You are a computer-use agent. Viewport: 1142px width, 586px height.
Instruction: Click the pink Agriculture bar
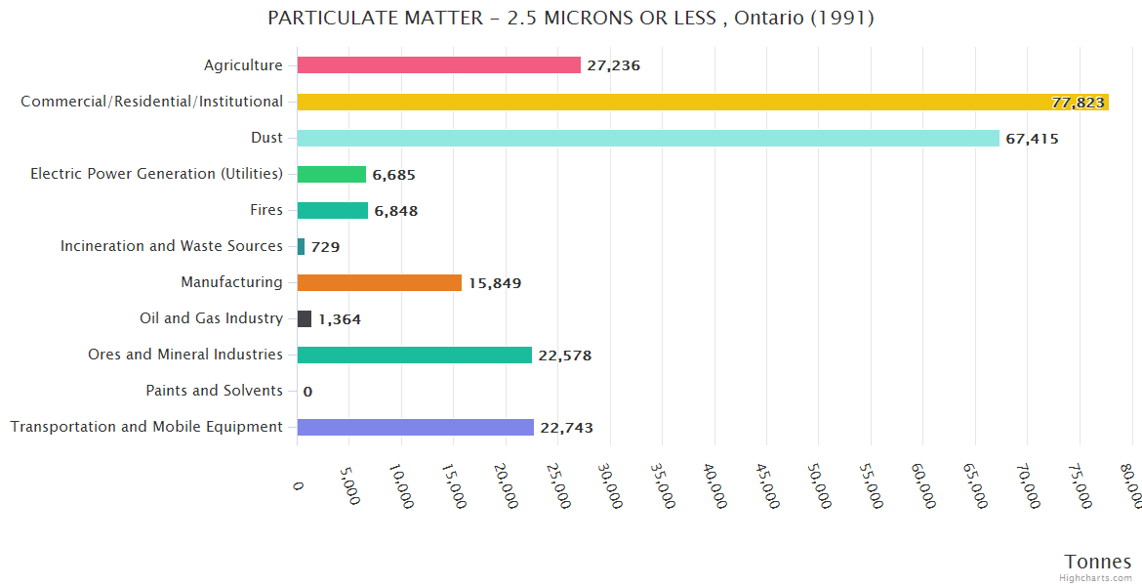coord(438,65)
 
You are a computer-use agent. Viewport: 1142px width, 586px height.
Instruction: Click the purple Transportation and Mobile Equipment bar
coord(415,427)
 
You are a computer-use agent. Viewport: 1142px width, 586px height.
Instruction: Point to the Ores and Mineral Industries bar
coord(414,355)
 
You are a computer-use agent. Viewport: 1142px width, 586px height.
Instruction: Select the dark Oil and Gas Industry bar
coord(305,318)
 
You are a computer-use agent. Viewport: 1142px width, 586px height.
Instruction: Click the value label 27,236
coord(613,65)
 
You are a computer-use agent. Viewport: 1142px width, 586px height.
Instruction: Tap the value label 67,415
coord(1032,139)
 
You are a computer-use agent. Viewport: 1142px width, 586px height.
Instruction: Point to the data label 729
coord(325,247)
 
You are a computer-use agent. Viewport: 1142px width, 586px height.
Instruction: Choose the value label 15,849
coord(494,283)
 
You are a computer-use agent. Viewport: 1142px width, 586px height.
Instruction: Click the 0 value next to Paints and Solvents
coord(307,392)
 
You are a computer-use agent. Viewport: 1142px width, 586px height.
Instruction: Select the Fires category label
coord(266,210)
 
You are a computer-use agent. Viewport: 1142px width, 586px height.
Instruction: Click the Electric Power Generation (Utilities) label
coord(156,174)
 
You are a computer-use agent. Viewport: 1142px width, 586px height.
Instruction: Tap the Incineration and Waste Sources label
coord(171,246)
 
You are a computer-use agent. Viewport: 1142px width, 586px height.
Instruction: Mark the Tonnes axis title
coord(1098,562)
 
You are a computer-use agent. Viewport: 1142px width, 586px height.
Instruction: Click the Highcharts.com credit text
coord(1096,578)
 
